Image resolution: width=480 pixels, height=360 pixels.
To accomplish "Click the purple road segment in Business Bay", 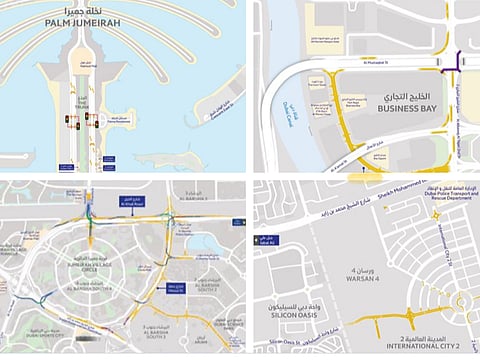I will tap(458, 60).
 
